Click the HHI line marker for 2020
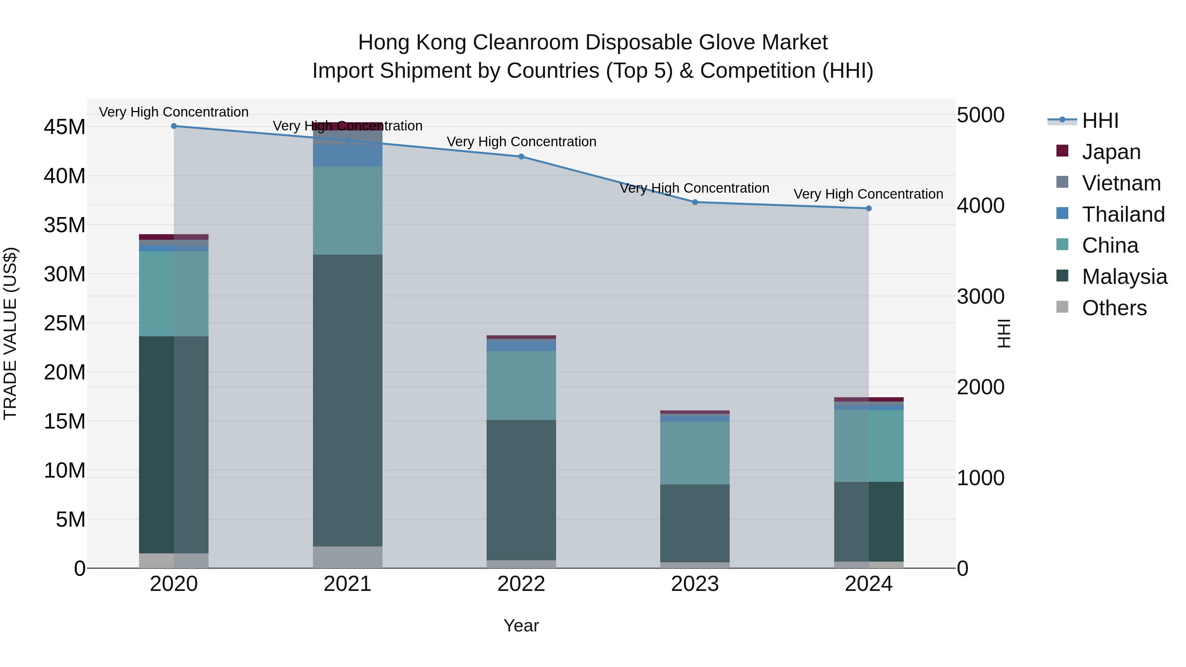point(174,126)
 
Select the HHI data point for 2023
point(695,202)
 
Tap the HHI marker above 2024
point(868,208)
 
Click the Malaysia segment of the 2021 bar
point(348,401)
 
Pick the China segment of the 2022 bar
point(521,385)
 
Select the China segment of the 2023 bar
point(695,453)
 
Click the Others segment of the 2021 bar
point(348,557)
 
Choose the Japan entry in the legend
point(1111,152)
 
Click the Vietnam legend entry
point(1121,183)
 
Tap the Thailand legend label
point(1123,214)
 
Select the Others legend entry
point(1114,308)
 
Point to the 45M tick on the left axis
point(65,127)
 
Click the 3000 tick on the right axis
point(981,296)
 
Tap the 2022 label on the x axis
point(521,584)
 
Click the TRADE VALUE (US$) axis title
point(10,333)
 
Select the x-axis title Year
point(521,625)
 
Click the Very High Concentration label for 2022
point(521,142)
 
